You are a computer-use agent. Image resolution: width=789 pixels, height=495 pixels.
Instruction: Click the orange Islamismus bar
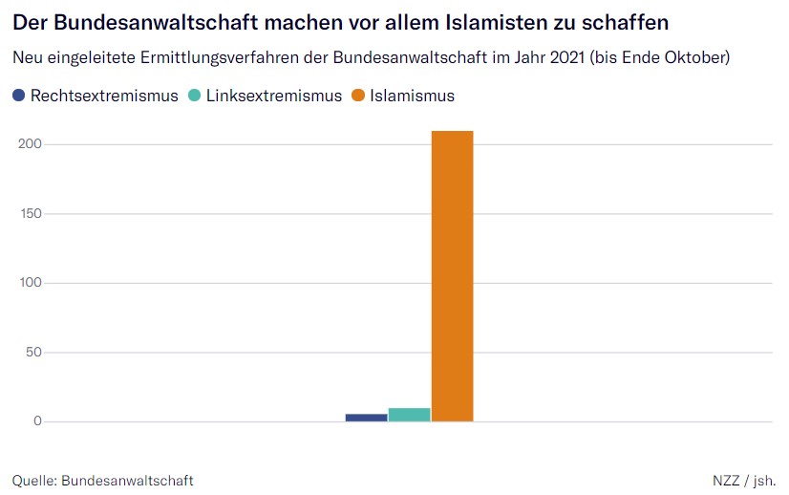click(x=452, y=276)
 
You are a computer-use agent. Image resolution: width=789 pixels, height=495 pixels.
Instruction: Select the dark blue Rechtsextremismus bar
click(x=366, y=417)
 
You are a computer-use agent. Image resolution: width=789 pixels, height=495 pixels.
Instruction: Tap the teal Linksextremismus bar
click(x=409, y=415)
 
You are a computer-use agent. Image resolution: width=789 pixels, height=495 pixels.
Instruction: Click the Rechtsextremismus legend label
click(x=104, y=96)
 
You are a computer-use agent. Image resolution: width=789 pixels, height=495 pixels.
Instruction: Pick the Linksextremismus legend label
click(x=274, y=96)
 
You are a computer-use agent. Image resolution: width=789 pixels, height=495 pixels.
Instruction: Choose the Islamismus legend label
click(x=413, y=96)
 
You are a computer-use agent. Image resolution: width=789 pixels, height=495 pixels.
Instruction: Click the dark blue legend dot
click(x=19, y=96)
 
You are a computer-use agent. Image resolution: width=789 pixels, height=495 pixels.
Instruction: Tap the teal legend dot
click(x=195, y=96)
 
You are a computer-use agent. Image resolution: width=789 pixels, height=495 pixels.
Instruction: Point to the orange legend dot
click(x=358, y=96)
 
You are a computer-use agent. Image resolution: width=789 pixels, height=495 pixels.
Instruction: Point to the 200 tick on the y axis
click(x=32, y=144)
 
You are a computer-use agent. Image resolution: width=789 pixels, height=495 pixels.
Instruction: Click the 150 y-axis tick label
click(x=32, y=213)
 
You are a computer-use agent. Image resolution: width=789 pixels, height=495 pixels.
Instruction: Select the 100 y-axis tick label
click(x=32, y=283)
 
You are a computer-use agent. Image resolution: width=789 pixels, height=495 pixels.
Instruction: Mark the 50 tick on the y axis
click(x=35, y=353)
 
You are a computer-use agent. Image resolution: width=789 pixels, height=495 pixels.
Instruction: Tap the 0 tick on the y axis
click(x=39, y=421)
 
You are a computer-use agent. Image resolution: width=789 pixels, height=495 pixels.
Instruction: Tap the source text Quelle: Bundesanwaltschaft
click(x=103, y=480)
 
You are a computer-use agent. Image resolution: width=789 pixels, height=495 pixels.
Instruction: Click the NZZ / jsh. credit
click(x=744, y=480)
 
